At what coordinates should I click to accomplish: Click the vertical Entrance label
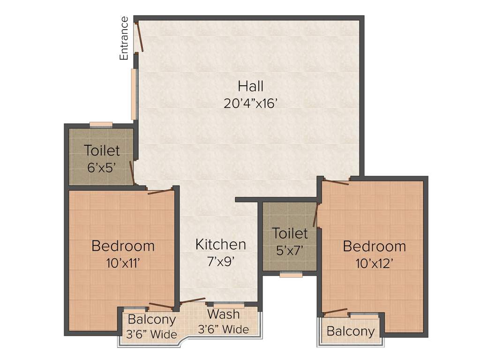coord(124,38)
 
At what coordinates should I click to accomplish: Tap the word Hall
coord(250,86)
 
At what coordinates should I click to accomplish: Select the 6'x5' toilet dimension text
coord(101,167)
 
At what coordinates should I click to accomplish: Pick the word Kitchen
coord(220,244)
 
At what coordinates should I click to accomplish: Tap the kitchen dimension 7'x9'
coord(220,261)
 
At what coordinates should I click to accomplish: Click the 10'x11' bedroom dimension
coord(123,262)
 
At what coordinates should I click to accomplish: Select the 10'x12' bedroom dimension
coord(374,263)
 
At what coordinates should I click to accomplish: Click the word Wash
coord(224,314)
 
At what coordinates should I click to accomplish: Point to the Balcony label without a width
coord(351,331)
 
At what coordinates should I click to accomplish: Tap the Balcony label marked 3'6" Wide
coord(152,320)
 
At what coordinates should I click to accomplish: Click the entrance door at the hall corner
coord(139,37)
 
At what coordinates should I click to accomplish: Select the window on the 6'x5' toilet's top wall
coord(101,125)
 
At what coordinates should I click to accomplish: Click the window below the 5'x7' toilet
coord(291,275)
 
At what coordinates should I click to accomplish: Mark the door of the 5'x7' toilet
coord(316,215)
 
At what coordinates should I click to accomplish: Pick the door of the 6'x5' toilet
coord(133,172)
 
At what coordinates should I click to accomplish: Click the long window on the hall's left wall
coord(134,94)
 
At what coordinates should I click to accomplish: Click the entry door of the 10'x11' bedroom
coord(160,191)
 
